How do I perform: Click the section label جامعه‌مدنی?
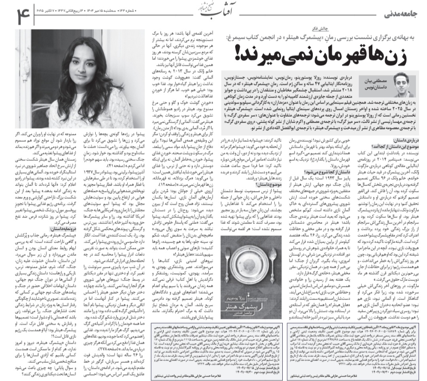click(x=401, y=15)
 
